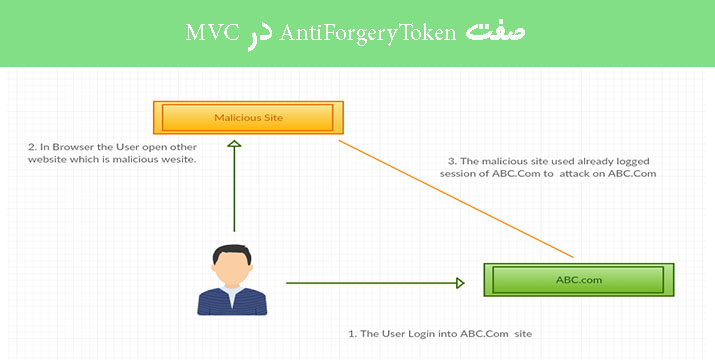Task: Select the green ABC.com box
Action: [x=579, y=280]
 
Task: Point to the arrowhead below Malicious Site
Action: [x=234, y=146]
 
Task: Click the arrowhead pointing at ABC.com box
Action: [x=459, y=283]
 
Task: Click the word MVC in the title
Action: [x=209, y=32]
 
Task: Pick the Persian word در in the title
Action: [x=255, y=32]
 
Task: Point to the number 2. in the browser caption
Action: [x=32, y=146]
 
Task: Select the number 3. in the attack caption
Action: [x=451, y=159]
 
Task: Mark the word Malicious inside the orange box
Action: [x=236, y=118]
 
